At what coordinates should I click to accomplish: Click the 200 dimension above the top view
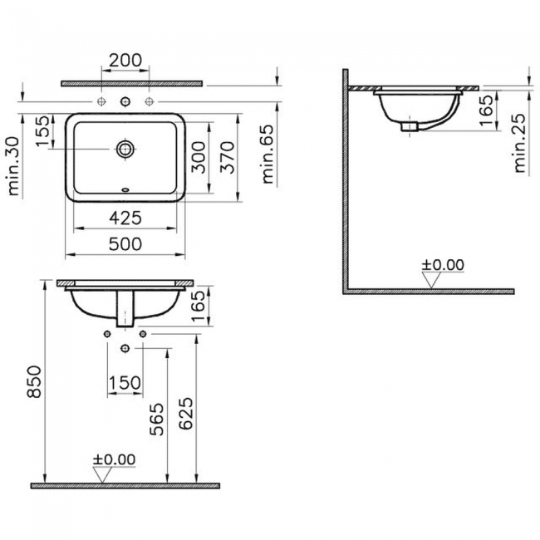[x=125, y=60]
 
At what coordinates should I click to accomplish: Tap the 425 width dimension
[x=125, y=218]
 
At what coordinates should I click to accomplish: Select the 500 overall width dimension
[x=125, y=243]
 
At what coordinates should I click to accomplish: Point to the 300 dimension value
[x=199, y=157]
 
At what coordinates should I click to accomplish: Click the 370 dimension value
[x=228, y=157]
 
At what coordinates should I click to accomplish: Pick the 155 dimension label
[x=43, y=131]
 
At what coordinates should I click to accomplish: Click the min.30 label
[x=13, y=166]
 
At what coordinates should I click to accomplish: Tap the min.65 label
[x=268, y=154]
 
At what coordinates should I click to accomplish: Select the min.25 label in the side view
[x=519, y=143]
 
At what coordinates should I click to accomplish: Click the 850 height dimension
[x=34, y=381]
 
